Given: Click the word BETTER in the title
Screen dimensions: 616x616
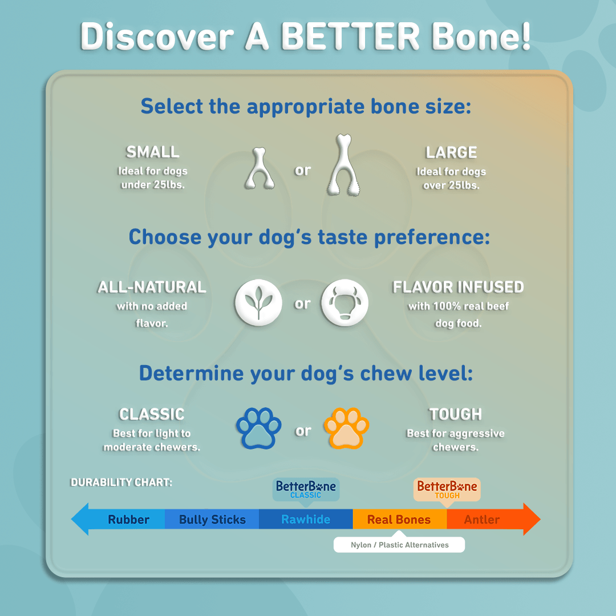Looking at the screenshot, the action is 350,36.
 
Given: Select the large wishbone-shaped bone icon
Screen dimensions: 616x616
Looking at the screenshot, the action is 344,165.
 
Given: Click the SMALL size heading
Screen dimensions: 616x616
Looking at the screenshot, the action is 152,152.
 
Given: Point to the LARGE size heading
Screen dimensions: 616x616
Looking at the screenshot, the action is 451,152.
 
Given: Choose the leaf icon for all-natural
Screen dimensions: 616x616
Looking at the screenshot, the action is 258,302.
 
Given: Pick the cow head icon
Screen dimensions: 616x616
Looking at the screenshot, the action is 345,302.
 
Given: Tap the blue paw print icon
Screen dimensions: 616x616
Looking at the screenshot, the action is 258,428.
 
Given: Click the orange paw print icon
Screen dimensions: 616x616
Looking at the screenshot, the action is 346,428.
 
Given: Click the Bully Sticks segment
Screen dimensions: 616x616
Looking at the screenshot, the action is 212,520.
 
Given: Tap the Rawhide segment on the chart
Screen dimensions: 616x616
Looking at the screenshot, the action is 306,520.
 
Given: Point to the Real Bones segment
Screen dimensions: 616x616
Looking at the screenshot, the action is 399,520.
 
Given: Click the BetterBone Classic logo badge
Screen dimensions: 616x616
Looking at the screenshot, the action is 306,489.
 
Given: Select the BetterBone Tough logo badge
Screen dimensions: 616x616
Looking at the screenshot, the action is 447,489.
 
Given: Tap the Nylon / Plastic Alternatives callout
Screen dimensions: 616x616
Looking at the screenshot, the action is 399,545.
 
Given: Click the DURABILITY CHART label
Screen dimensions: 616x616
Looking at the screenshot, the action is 121,482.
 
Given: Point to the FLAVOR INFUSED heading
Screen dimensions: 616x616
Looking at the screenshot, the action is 458,287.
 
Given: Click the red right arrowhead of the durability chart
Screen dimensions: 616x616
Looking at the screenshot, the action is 532,519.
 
